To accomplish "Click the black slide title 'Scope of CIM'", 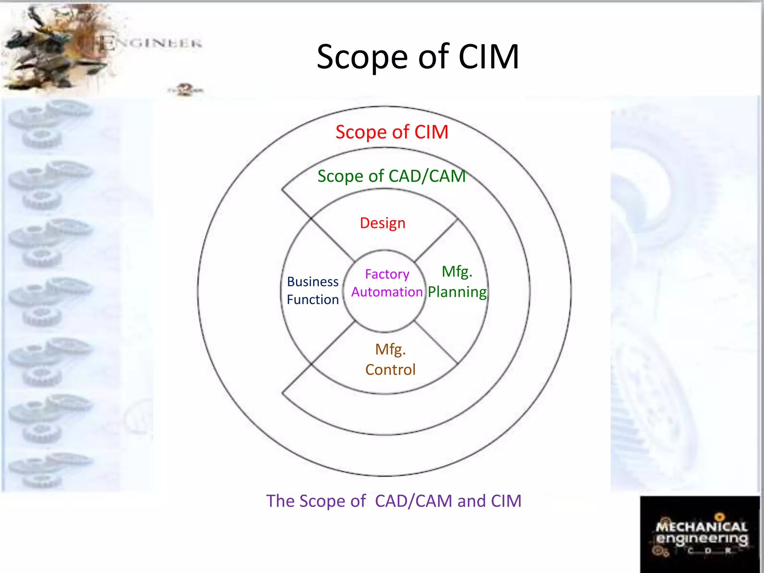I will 418,57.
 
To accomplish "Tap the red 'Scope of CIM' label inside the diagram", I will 392,132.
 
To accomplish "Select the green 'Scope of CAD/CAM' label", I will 392,176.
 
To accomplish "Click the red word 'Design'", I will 382,223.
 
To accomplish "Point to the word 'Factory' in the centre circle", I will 387,274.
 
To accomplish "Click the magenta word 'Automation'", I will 387,292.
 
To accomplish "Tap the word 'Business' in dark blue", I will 313,282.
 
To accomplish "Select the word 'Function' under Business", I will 313,300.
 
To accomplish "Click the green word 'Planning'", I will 457,292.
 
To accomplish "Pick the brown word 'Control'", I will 390,370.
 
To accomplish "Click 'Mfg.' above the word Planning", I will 457,272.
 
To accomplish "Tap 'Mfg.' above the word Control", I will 390,350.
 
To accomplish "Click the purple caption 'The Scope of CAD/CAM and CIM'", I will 394,501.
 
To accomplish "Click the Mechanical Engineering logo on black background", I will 700,534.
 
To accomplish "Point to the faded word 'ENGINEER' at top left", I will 151,43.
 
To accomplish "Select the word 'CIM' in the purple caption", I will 506,501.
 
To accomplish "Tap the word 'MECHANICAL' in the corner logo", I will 701,527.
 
